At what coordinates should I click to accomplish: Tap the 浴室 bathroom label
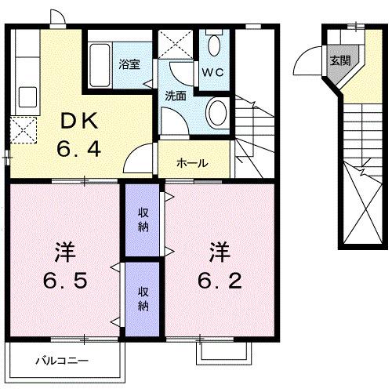click(129, 64)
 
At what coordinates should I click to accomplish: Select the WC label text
click(212, 72)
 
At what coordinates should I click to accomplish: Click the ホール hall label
click(192, 163)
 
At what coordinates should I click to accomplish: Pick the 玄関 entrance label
click(339, 60)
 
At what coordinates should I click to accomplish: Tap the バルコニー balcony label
click(63, 361)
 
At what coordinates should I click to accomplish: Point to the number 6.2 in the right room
click(219, 280)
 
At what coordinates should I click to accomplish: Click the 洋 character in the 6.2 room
click(219, 252)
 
